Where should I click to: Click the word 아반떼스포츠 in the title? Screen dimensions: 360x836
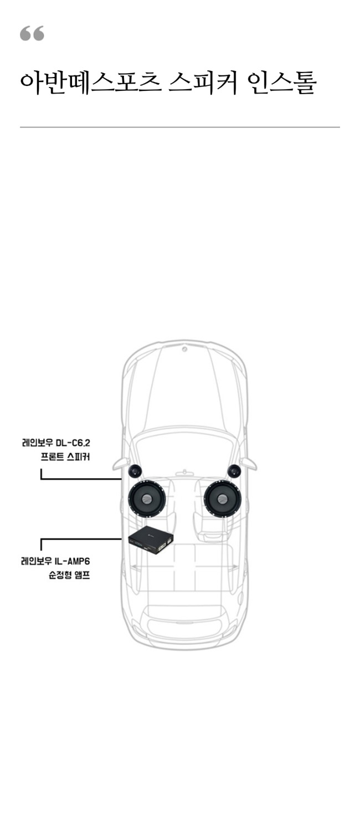coord(91,83)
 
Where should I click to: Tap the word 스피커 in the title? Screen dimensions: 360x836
coord(203,83)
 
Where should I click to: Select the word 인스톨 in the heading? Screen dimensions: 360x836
coord(282,83)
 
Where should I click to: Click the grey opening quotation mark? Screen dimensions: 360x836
coord(32,33)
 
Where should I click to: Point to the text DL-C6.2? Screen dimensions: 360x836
coord(73,443)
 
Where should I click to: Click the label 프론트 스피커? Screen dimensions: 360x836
coord(65,457)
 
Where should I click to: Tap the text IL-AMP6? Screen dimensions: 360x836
coord(73,561)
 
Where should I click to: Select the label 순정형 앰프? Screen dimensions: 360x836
coord(69,575)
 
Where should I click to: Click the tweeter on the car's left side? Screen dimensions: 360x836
coord(135,471)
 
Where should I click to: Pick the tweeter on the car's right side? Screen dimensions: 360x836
coord(234,471)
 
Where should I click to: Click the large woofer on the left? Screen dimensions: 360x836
coord(147,498)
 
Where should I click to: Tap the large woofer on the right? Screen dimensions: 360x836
coord(223,498)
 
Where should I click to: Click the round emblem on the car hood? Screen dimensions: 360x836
coord(184,350)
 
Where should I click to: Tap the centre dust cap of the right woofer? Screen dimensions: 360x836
coord(223,498)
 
